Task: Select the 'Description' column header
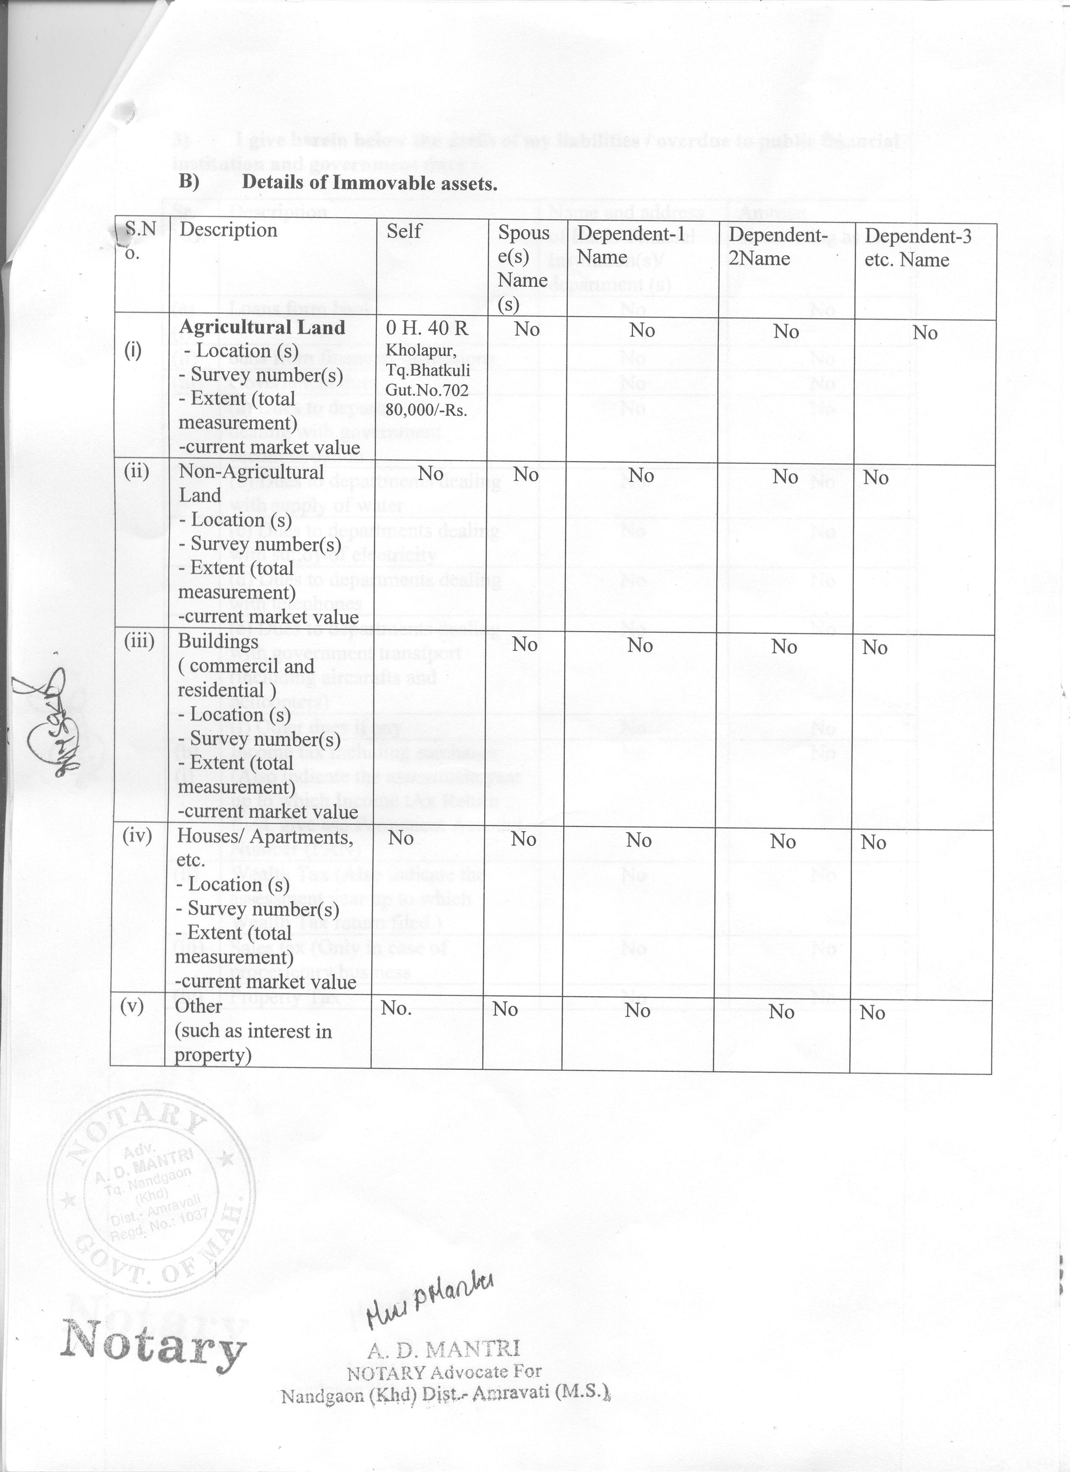(228, 230)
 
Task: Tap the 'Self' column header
(404, 230)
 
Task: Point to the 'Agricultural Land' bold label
(262, 327)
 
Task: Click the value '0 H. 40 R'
(427, 328)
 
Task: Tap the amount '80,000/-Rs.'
(427, 411)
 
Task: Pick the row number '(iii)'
(139, 641)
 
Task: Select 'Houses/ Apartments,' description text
(265, 837)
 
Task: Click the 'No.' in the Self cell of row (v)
(396, 1008)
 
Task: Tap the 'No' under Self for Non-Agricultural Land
(431, 473)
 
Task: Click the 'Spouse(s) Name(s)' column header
(523, 268)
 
